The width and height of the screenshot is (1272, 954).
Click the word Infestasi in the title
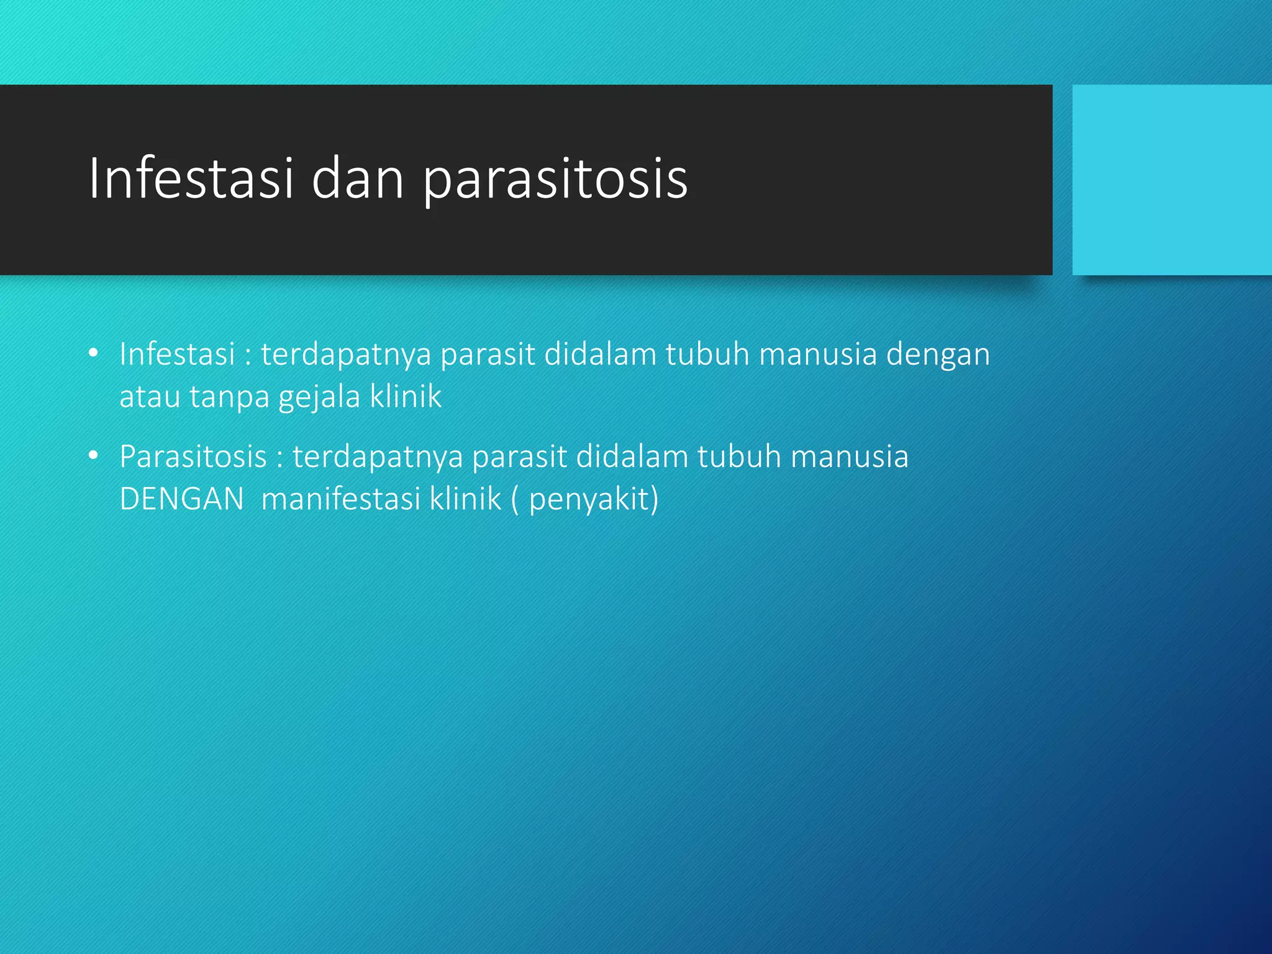[190, 179]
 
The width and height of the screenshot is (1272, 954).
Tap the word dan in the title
[357, 179]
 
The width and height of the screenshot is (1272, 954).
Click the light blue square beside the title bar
[1171, 179]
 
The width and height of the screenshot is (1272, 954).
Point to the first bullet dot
[94, 353]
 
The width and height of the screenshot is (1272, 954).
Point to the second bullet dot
[94, 456]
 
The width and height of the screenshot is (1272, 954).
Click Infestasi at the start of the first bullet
[177, 354]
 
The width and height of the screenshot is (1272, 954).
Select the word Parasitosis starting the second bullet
[193, 457]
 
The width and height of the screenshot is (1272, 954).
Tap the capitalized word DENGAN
[181, 499]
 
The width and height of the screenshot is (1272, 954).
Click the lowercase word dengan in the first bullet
[938, 355]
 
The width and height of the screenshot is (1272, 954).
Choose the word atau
[149, 397]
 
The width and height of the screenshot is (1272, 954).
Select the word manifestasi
[340, 499]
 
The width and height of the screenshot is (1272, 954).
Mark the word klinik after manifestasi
[466, 499]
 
